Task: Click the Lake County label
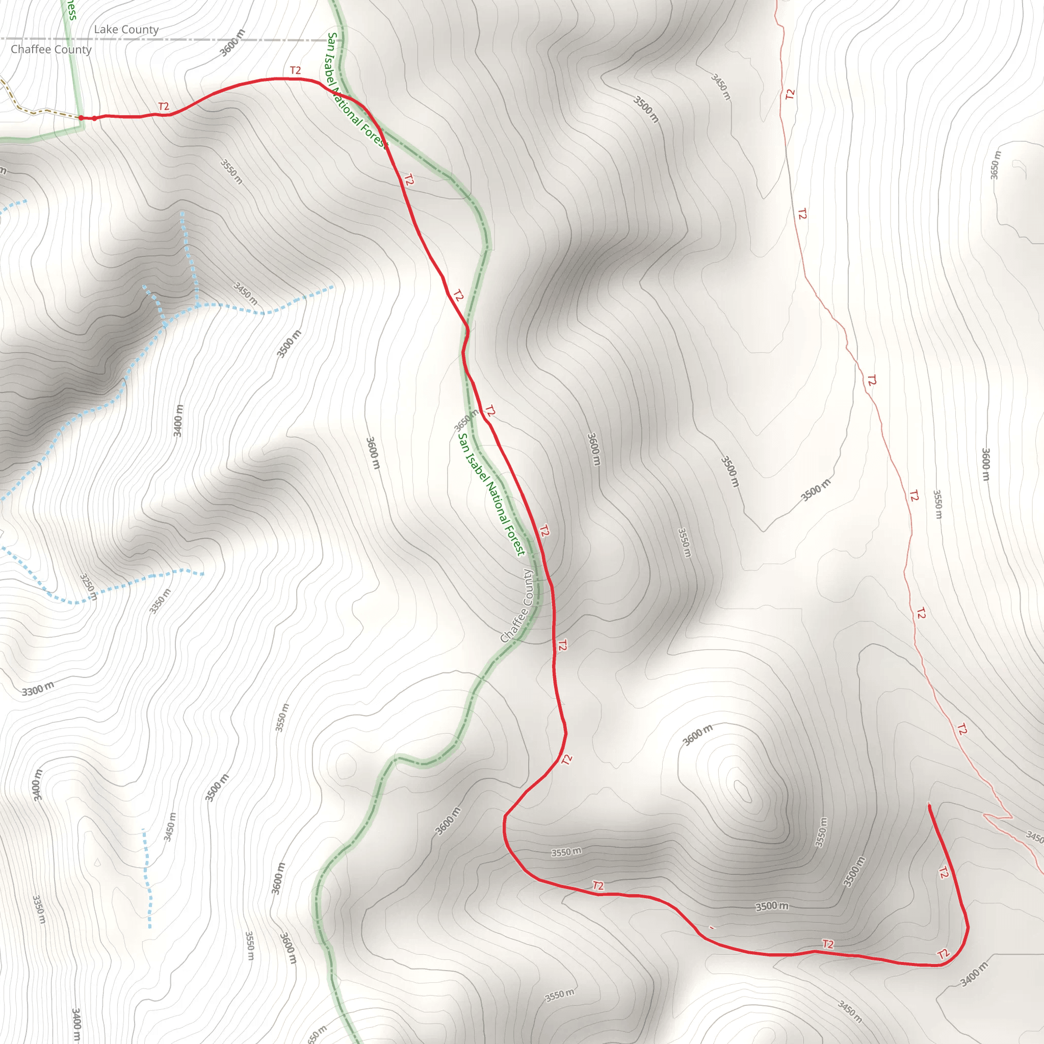pyautogui.click(x=126, y=30)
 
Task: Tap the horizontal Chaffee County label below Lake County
pyautogui.click(x=51, y=50)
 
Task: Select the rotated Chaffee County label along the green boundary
pyautogui.click(x=516, y=606)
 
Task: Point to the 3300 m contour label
pyautogui.click(x=38, y=690)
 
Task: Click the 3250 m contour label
pyautogui.click(x=89, y=587)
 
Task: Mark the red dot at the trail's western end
pyautogui.click(x=81, y=118)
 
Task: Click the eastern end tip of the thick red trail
pyautogui.click(x=929, y=807)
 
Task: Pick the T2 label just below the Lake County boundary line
pyautogui.click(x=295, y=71)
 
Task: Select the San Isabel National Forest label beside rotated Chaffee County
pyautogui.click(x=491, y=494)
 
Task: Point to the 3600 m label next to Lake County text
pyautogui.click(x=232, y=43)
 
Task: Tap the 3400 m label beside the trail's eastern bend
pyautogui.click(x=973, y=974)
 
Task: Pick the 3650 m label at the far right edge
pyautogui.click(x=996, y=165)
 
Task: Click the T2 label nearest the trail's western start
pyautogui.click(x=164, y=107)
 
